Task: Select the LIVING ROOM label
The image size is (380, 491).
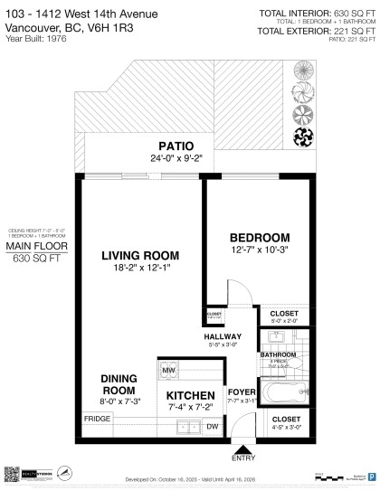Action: click(x=139, y=254)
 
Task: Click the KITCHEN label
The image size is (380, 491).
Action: click(x=191, y=396)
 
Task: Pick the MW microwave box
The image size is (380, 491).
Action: click(x=169, y=371)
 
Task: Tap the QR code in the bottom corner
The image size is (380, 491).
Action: click(x=13, y=474)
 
